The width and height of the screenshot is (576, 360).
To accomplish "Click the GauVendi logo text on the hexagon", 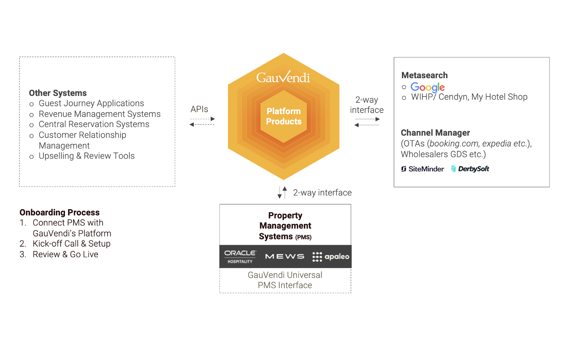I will point(283,77).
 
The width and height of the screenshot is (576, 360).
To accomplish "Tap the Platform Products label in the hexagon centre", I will point(284,116).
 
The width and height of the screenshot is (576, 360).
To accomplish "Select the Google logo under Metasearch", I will point(427,87).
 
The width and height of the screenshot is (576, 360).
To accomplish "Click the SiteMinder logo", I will point(422,169).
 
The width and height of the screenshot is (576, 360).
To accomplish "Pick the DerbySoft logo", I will point(470,169).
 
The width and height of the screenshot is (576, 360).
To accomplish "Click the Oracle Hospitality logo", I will point(240,256).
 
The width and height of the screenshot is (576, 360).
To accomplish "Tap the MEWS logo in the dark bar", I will point(285,256).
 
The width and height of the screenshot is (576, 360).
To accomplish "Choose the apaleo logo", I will point(331,256).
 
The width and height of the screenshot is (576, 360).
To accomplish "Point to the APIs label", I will point(199,109).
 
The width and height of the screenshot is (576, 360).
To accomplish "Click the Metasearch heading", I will point(424,75).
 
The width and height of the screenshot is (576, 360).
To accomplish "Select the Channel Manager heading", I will point(435,133).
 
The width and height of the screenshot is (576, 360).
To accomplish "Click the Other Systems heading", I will point(58,93).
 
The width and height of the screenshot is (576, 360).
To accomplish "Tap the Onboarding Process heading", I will point(59,213).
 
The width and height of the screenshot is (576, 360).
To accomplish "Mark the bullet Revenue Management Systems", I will point(99,114).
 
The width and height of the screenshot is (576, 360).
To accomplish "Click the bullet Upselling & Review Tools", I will point(86,156).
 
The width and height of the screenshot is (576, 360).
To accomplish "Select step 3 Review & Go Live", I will point(65,254).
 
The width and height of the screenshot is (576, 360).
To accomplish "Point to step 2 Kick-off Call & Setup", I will point(72,244).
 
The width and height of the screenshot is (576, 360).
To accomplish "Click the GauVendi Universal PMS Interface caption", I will point(285,280).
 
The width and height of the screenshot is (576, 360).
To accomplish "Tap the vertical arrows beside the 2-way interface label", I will point(282,192).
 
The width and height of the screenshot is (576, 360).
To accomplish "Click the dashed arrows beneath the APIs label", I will point(202,122).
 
